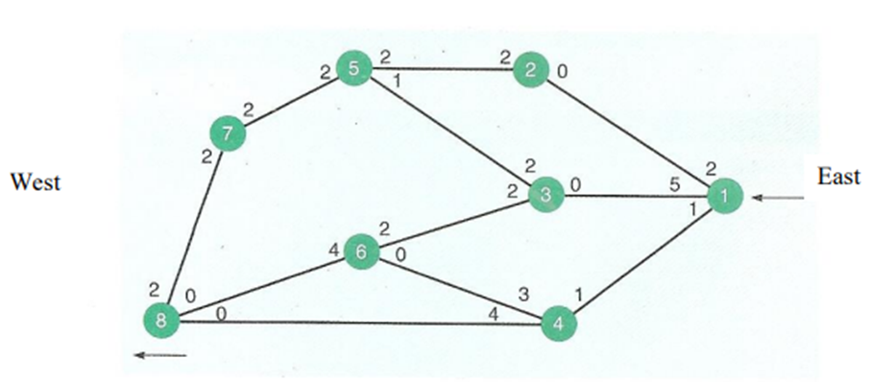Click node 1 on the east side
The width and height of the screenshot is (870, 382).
tap(725, 197)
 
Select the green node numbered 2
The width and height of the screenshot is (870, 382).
tap(529, 70)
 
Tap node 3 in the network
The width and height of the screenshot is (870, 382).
tap(544, 195)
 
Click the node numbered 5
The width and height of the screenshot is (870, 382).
tap(353, 68)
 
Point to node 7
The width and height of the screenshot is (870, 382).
tap(227, 135)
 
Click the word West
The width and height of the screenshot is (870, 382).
tap(35, 181)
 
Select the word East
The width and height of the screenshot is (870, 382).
tap(838, 177)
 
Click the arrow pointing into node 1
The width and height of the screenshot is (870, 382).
tap(771, 198)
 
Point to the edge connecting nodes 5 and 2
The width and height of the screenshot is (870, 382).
tap(442, 69)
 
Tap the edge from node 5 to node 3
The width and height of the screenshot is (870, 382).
tap(448, 131)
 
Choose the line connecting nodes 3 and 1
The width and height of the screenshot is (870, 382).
tap(634, 196)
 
